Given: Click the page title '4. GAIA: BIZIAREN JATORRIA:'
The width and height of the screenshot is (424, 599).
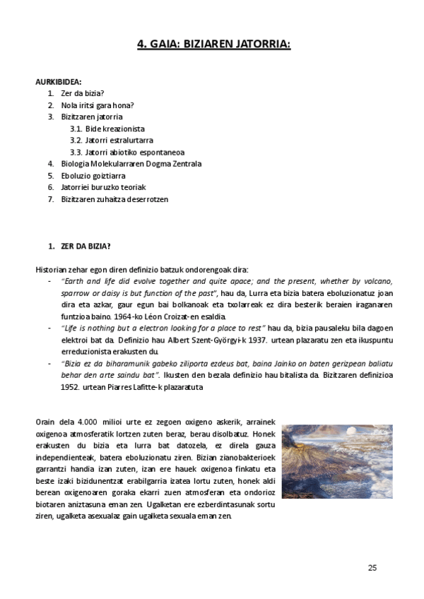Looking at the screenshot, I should [213, 45].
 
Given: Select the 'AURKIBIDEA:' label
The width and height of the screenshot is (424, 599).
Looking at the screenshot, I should [58, 82].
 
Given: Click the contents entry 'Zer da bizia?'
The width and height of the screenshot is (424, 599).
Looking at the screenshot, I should [83, 93].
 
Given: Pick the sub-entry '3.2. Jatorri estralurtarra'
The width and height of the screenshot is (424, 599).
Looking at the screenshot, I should [111, 141].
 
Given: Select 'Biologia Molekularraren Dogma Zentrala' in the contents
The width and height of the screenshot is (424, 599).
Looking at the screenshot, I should [131, 164].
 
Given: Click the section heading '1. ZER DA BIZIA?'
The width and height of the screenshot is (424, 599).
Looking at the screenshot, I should [78, 247].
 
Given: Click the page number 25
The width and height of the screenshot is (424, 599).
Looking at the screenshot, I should [372, 568].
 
